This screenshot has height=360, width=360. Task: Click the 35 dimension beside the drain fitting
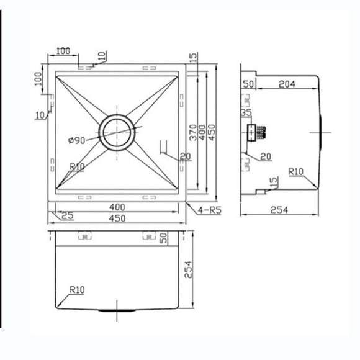click(x=246, y=114)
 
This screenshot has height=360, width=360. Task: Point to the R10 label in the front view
click(x=77, y=289)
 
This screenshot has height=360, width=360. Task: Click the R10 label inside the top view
click(x=78, y=166)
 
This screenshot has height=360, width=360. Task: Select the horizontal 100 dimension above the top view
click(x=63, y=51)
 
